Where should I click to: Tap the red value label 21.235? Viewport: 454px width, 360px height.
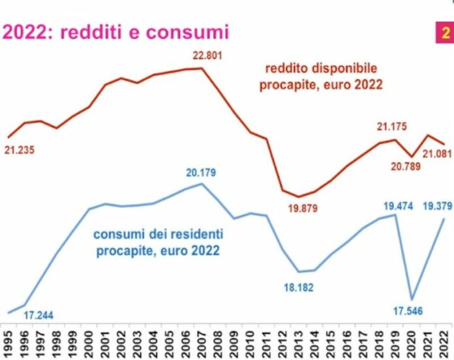point(20,150)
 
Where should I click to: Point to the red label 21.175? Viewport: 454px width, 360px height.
point(391,127)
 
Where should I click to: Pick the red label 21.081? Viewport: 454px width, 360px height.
point(436,153)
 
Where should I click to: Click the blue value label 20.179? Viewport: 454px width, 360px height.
point(200,173)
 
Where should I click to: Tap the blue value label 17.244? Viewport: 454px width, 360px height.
point(38,316)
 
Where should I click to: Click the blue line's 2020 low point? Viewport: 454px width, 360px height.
point(412,299)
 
